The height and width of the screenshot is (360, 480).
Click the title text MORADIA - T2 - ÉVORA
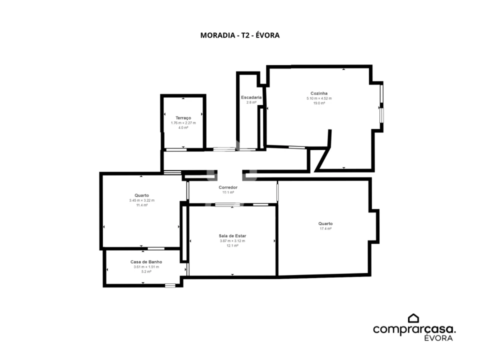tap(239, 35)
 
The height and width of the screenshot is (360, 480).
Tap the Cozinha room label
tap(319, 93)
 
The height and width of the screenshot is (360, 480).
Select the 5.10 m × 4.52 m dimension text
tap(319, 98)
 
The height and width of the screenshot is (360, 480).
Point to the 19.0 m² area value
tap(319, 103)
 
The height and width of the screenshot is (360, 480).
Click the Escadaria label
tap(251, 97)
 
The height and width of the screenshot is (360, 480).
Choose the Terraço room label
tap(183, 118)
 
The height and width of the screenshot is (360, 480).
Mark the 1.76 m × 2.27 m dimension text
tap(183, 123)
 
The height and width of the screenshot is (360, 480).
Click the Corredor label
tap(228, 187)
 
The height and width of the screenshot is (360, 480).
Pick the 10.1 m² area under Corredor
tap(228, 192)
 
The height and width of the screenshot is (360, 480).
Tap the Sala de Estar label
tap(232, 235)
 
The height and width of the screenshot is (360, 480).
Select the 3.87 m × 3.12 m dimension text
tap(232, 240)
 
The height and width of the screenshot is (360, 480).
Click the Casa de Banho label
tap(146, 261)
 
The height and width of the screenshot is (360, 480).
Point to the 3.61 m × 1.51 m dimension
tap(146, 266)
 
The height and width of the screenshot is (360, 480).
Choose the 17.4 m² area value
tap(325, 228)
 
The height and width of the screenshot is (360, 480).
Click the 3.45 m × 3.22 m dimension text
tap(141, 200)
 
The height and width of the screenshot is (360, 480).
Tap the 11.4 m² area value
tap(141, 205)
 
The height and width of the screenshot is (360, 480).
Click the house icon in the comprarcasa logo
tap(413, 318)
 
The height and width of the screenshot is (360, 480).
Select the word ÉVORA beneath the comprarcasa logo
tap(438, 338)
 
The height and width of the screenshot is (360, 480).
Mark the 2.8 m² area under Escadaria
tap(251, 102)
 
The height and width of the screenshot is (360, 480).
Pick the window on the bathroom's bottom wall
tap(170, 285)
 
